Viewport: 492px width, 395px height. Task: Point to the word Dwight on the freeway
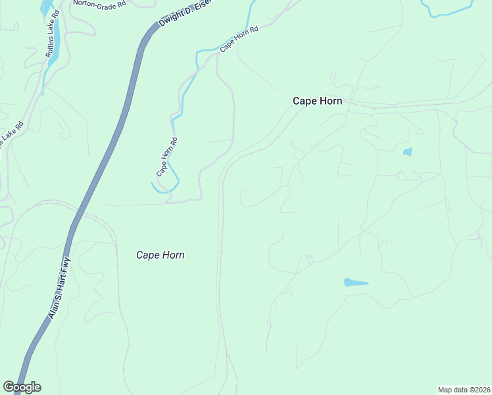[x=170, y=21]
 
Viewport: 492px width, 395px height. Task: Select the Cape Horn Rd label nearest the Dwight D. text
[x=239, y=38]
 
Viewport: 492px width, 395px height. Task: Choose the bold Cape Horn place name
[x=319, y=101]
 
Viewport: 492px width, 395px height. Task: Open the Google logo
[x=22, y=387]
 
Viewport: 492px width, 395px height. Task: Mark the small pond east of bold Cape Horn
[x=407, y=152]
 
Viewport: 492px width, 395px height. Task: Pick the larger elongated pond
[x=355, y=283]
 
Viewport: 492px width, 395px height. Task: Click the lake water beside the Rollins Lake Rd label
[x=55, y=39]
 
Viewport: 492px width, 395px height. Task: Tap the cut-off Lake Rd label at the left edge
[x=12, y=134]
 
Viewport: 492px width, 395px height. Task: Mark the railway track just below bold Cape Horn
[x=263, y=144]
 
